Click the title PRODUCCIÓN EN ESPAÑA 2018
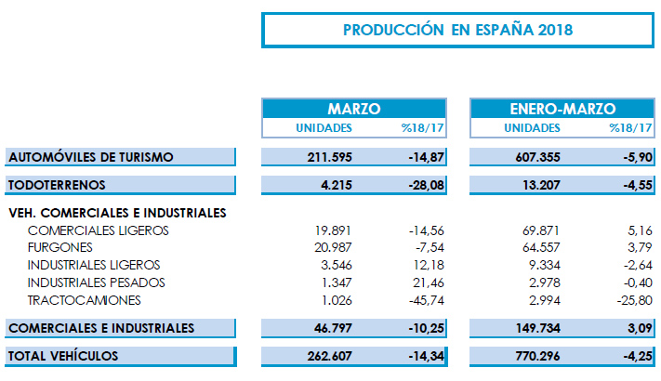[457, 29]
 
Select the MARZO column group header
[353, 109]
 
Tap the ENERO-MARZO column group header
[562, 109]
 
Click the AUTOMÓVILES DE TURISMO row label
[91, 157]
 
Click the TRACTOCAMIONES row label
[85, 300]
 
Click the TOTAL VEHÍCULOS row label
[65, 355]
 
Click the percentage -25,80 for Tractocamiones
[631, 300]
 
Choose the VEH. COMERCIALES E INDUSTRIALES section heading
[116, 213]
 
